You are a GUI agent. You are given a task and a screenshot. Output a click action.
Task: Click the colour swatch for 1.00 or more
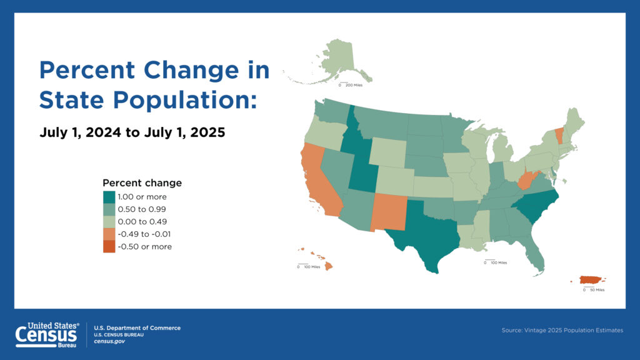coord(109,196)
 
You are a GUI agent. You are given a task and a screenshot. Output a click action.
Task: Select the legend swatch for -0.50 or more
coord(109,246)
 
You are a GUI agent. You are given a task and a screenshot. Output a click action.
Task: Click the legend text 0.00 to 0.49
coord(142,221)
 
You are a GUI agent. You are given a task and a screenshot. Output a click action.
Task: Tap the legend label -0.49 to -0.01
coord(144,234)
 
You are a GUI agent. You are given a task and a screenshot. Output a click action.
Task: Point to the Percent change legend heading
coord(142,183)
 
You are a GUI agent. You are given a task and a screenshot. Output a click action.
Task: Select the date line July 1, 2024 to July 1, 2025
coord(132,132)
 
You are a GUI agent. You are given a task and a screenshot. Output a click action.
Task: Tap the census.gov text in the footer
coord(109,341)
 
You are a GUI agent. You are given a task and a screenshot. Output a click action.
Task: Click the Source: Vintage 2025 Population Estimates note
coord(562,330)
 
